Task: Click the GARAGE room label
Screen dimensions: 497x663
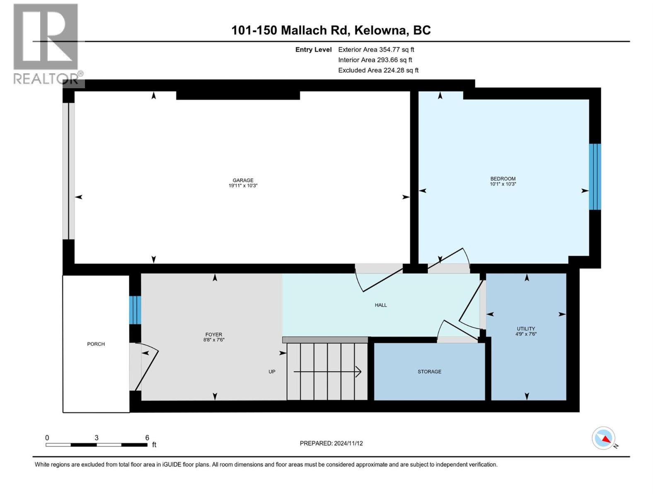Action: [243, 180]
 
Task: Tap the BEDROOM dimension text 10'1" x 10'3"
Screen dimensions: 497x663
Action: [503, 184]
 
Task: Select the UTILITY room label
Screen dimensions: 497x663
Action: [525, 328]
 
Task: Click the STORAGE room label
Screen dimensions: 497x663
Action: [429, 372]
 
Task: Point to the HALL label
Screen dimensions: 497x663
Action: [380, 305]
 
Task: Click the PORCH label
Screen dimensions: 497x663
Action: [96, 344]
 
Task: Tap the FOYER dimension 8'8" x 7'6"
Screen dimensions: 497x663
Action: [214, 340]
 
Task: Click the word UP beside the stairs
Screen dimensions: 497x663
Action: [272, 372]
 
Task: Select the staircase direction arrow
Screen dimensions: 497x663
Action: [327, 372]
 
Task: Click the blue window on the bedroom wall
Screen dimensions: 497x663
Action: [595, 177]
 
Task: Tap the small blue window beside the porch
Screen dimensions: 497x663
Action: [135, 310]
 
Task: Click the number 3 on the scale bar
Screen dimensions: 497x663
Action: [97, 438]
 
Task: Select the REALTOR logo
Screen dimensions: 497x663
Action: [46, 43]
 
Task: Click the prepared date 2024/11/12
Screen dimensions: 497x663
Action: [331, 443]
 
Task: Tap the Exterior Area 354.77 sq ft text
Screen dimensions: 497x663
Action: [376, 50]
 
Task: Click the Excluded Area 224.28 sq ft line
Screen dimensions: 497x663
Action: [378, 70]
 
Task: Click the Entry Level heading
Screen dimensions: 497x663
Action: [313, 50]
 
